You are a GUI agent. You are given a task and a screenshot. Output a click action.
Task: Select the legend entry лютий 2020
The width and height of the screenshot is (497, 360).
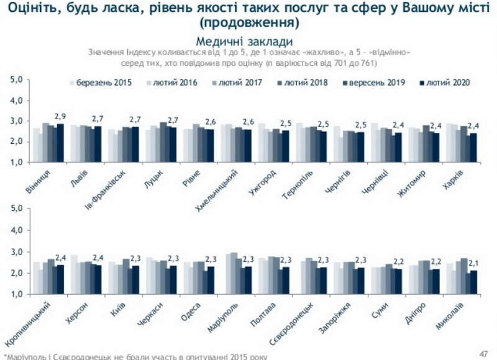(x=447, y=83)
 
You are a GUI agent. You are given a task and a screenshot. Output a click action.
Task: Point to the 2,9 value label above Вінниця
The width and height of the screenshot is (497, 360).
(x=60, y=116)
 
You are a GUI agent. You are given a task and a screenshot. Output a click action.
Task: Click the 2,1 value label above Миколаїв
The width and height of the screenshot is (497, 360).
(x=475, y=263)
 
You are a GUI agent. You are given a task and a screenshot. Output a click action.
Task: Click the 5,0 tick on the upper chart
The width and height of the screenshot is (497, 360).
(x=17, y=80)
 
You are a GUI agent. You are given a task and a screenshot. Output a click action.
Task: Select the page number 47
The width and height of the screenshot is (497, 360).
(x=483, y=352)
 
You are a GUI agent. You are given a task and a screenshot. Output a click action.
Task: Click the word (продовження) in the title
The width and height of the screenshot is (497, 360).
(x=248, y=24)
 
